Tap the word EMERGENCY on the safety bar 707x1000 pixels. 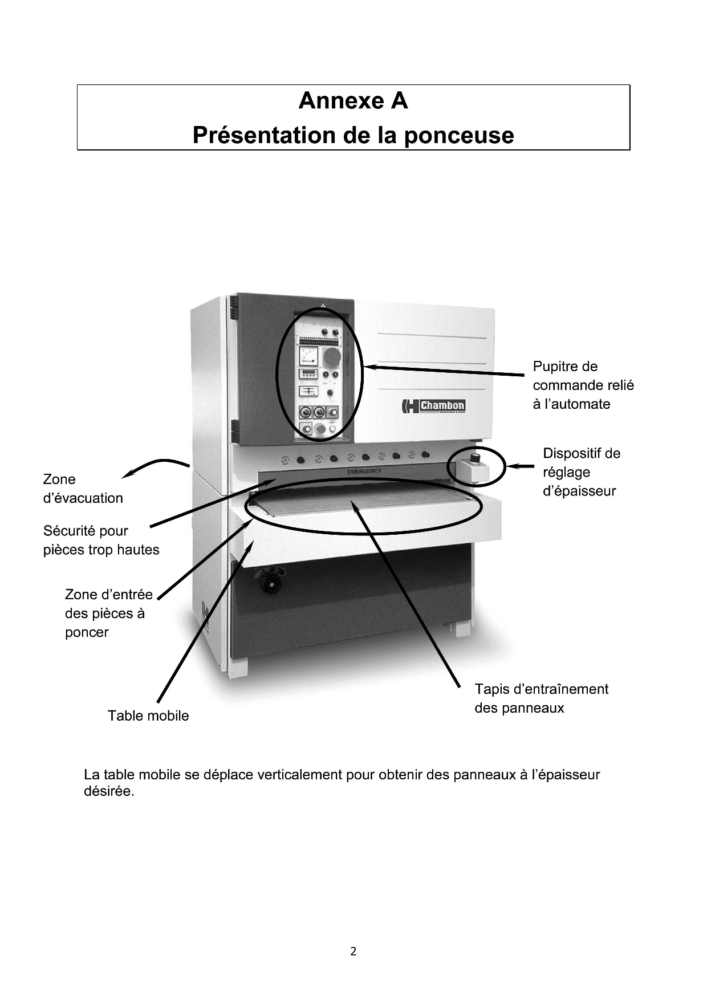point(364,471)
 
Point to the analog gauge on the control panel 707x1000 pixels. point(308,356)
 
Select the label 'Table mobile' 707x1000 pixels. point(148,716)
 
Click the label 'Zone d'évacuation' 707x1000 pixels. point(83,489)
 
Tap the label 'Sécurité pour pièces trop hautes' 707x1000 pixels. point(101,540)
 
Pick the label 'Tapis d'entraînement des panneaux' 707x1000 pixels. point(542,698)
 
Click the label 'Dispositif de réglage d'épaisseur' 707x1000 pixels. point(582,472)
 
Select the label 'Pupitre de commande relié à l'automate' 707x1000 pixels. point(583,385)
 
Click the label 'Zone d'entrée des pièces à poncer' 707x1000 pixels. point(109,613)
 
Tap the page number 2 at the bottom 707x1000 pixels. point(353,951)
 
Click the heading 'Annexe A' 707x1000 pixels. point(353,101)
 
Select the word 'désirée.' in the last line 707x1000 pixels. point(109,792)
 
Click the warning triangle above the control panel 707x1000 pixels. point(322,306)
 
